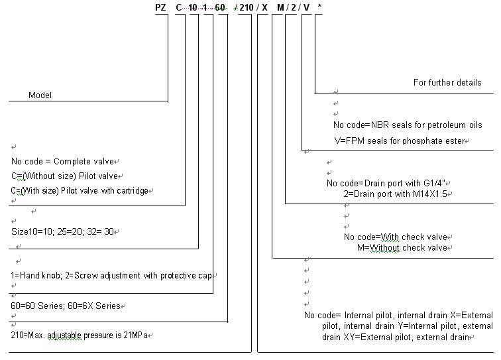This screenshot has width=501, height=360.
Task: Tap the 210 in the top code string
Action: pyautogui.click(x=247, y=7)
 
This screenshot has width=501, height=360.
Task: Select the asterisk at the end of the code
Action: pyautogui.click(x=321, y=7)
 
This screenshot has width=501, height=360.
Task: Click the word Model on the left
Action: pyautogui.click(x=40, y=95)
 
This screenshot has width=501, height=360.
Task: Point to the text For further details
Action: pyautogui.click(x=447, y=83)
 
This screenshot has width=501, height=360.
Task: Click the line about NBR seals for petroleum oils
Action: pyautogui.click(x=407, y=125)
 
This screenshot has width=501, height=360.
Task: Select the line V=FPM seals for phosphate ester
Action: pyautogui.click(x=408, y=141)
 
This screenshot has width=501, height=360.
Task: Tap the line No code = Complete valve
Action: pyautogui.click(x=65, y=161)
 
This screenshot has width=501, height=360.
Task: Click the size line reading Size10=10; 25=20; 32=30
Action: pyautogui.click(x=65, y=232)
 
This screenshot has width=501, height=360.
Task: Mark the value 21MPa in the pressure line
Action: pyautogui.click(x=137, y=335)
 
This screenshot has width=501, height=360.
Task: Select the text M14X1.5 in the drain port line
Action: pyautogui.click(x=431, y=194)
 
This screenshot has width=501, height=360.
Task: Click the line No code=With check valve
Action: pyautogui.click(x=396, y=237)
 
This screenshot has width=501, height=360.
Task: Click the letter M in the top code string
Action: pyautogui.click(x=280, y=7)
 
